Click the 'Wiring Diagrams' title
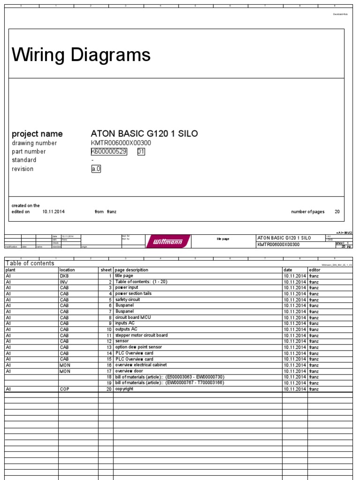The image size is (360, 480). click(x=81, y=55)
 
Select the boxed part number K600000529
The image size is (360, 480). click(x=109, y=151)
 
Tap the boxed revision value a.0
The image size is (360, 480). click(x=96, y=169)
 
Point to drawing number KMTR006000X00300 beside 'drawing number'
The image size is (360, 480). click(x=121, y=143)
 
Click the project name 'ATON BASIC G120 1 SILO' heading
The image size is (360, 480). click(x=144, y=134)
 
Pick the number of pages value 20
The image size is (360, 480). click(x=337, y=212)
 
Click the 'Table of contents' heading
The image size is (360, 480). click(x=30, y=263)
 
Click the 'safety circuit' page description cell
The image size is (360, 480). click(x=127, y=300)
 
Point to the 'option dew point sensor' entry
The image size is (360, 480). click(x=138, y=347)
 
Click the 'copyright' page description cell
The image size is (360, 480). click(x=124, y=389)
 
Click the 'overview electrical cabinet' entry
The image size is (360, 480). click(x=141, y=365)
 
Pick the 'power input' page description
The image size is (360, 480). click(x=127, y=288)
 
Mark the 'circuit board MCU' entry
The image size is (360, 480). click(x=133, y=317)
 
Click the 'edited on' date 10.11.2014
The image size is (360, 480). click(x=53, y=212)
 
